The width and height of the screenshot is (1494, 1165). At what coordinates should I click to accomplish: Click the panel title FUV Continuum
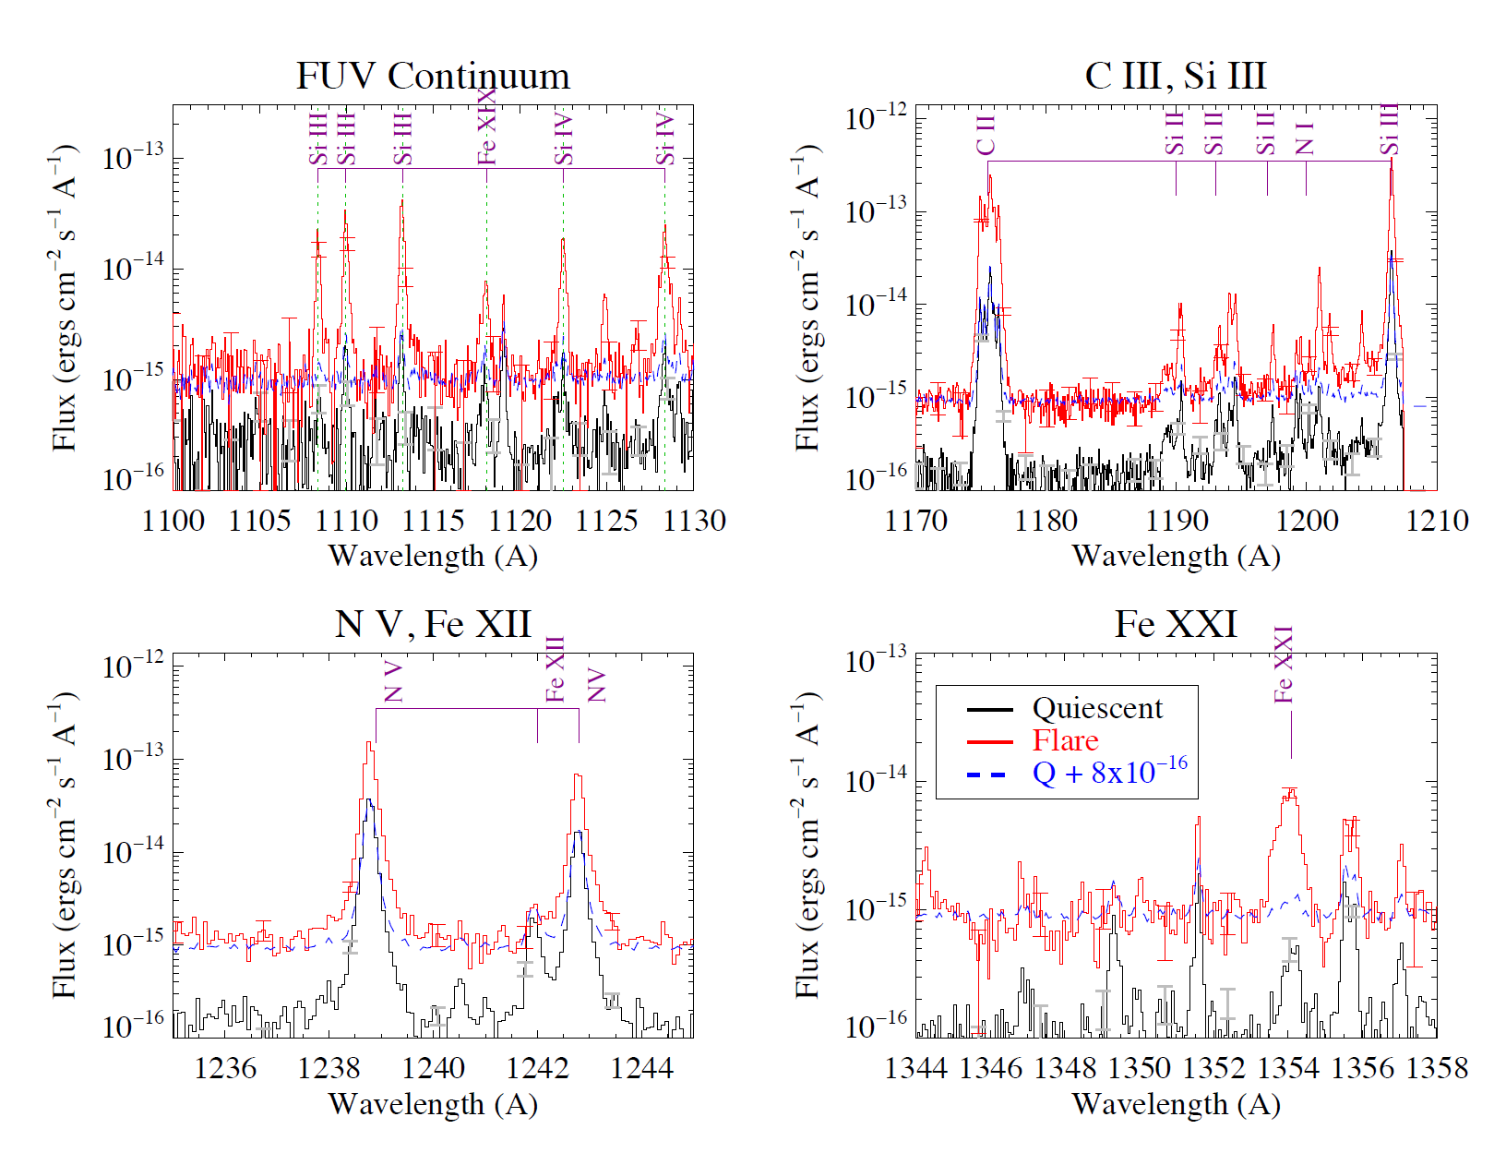coord(433,76)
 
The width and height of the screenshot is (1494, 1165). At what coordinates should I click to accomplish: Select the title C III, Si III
coord(1176,76)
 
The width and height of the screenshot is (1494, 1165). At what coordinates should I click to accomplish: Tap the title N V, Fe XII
coord(433,624)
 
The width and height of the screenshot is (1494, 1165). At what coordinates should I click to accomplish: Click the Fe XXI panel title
coord(1176,624)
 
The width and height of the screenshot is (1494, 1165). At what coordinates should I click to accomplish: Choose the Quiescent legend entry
coord(1097,708)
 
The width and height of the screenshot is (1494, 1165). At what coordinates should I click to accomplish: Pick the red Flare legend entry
coord(1065,740)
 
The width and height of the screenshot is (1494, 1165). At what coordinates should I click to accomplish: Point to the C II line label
coord(986,136)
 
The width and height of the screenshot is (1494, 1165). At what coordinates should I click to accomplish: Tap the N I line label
coord(1305,138)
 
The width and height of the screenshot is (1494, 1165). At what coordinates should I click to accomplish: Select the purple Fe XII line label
coord(555,669)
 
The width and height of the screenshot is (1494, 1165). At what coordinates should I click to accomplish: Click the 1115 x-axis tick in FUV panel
coord(433,522)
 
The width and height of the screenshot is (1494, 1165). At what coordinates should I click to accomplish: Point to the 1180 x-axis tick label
coord(1046,522)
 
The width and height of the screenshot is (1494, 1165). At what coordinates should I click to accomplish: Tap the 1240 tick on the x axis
coord(433,1069)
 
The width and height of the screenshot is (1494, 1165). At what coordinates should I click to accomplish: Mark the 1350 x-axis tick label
coord(1140,1069)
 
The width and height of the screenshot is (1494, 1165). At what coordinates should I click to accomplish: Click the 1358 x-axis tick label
coord(1437,1069)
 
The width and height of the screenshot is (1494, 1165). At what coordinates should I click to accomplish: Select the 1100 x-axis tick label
coord(173,522)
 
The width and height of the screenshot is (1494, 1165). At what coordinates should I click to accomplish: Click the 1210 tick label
coord(1437,522)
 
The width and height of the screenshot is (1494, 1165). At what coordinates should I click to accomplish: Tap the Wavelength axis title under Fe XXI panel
coord(1176,1104)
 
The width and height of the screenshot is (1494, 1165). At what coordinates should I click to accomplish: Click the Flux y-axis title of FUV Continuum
coord(64,297)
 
